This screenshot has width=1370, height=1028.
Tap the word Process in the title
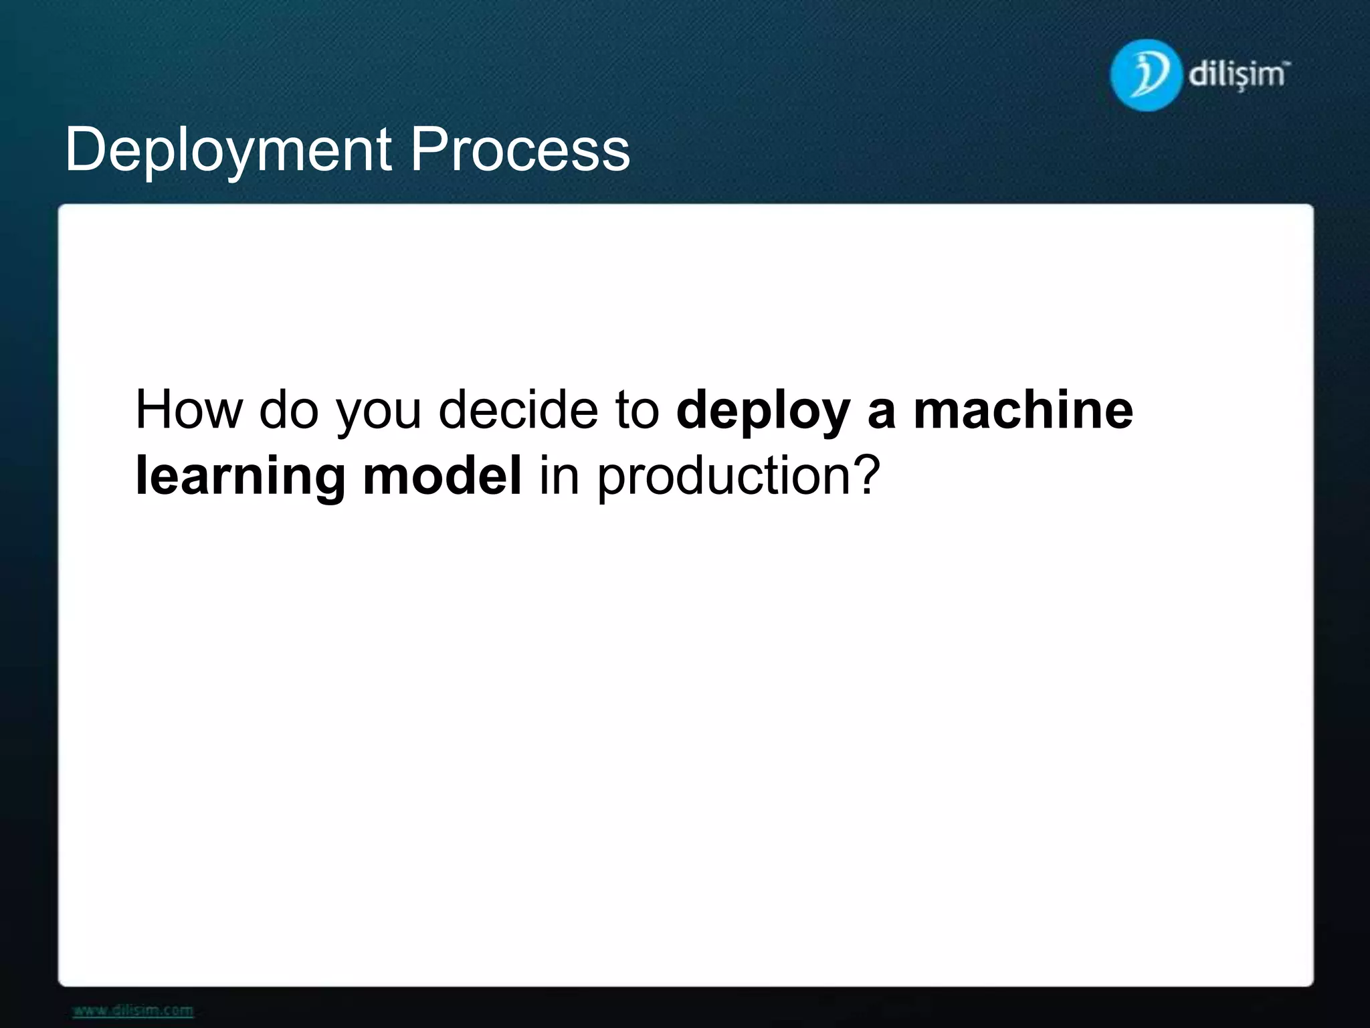coord(520,150)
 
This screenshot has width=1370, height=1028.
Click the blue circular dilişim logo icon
coord(1144,75)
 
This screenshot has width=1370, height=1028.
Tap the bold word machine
coord(1023,410)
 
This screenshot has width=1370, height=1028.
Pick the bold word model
coord(442,477)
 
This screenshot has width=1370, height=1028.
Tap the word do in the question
coord(288,410)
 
